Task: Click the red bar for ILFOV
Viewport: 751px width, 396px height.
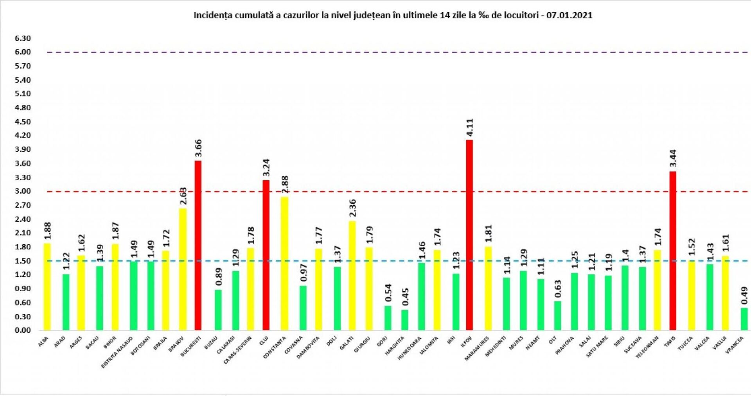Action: click(469, 235)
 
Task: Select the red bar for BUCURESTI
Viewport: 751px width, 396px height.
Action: click(198, 245)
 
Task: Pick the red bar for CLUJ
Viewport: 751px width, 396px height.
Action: click(266, 255)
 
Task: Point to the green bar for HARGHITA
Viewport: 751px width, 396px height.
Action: click(404, 320)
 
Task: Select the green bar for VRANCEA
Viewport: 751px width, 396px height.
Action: click(744, 319)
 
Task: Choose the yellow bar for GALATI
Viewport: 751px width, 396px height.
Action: click(352, 275)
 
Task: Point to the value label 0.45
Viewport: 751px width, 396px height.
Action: click(405, 297)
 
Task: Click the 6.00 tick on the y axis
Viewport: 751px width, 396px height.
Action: click(23, 52)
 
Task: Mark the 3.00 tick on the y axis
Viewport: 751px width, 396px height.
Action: click(23, 191)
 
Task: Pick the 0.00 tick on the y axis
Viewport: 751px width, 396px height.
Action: click(23, 330)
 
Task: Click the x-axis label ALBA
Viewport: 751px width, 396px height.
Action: click(43, 342)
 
